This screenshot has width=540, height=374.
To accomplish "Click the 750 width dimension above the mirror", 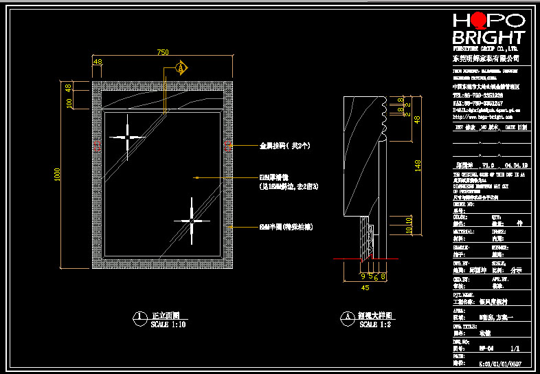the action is (x=163, y=52).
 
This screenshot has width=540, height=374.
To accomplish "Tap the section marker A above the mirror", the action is (x=181, y=68).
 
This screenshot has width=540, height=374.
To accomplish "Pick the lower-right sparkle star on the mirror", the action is (x=192, y=220).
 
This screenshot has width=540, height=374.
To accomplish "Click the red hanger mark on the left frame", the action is (x=97, y=146).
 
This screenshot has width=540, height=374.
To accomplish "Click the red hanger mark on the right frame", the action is (x=227, y=146).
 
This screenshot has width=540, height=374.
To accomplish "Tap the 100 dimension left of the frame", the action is (x=69, y=102).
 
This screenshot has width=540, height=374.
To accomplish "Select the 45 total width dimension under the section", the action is (x=365, y=288).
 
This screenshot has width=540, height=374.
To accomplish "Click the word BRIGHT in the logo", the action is (x=488, y=37).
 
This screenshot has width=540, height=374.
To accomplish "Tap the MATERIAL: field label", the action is (x=464, y=232).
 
